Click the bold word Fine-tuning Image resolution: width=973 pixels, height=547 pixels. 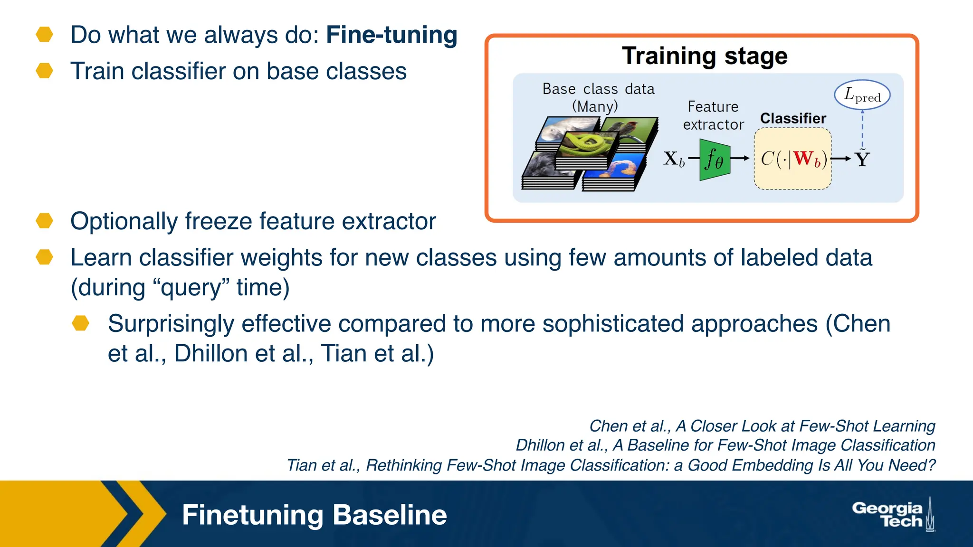(391, 35)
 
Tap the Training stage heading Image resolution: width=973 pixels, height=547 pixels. (704, 56)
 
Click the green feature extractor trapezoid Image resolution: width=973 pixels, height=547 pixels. (714, 159)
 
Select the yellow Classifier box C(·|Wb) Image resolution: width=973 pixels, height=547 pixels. (792, 159)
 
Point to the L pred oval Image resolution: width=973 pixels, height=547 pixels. (862, 95)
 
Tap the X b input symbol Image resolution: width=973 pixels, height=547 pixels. (674, 159)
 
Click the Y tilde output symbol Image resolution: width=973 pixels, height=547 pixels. (862, 159)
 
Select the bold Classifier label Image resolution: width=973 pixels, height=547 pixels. (793, 118)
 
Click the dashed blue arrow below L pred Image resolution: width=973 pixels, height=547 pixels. (862, 128)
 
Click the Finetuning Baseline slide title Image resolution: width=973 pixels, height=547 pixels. (314, 515)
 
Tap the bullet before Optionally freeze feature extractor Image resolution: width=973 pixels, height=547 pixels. (45, 221)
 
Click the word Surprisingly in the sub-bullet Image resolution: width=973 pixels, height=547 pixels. (171, 324)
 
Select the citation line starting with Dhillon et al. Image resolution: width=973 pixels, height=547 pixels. (725, 445)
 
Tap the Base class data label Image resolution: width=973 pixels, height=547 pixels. (598, 89)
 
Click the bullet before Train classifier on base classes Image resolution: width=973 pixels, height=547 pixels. (45, 71)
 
